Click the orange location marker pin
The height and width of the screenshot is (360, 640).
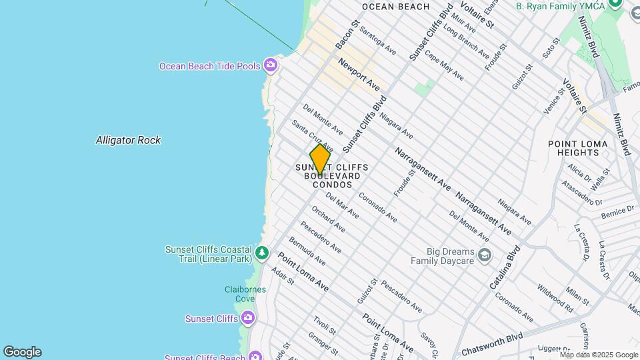pos(320,159)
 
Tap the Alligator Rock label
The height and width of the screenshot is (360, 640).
pos(128,140)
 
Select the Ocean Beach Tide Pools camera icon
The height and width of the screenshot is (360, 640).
pos(270,65)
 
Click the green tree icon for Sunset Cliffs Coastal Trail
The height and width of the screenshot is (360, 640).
pos(262,253)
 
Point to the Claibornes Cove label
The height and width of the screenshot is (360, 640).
pos(245,295)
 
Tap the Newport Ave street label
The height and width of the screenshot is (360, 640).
pos(359,75)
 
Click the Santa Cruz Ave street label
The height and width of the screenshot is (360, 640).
pos(311,135)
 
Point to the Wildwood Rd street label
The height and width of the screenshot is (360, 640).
pos(555,298)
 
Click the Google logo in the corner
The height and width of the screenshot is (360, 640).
pos(22,352)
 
